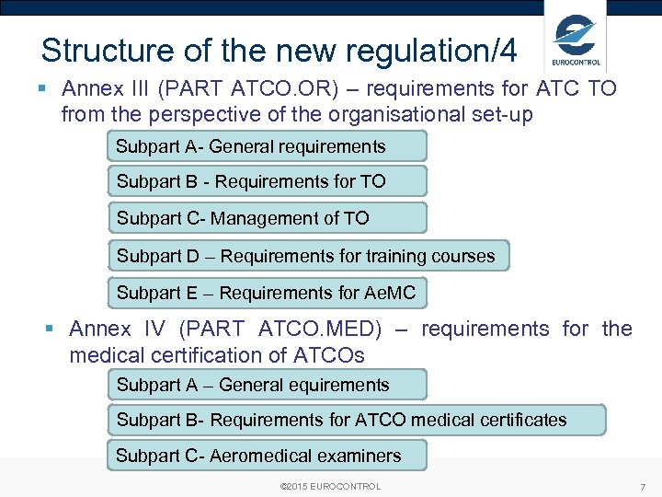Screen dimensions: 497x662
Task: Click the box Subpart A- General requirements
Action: (268, 146)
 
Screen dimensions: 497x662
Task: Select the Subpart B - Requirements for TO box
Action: (268, 181)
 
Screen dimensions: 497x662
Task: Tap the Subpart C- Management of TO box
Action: (268, 218)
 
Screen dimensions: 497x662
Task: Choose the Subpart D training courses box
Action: (308, 256)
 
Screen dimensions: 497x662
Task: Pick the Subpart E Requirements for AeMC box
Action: (268, 294)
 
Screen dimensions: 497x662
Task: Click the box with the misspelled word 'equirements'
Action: (268, 385)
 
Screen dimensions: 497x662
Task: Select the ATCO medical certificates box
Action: (357, 420)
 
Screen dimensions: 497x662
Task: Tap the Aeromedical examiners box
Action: (268, 456)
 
